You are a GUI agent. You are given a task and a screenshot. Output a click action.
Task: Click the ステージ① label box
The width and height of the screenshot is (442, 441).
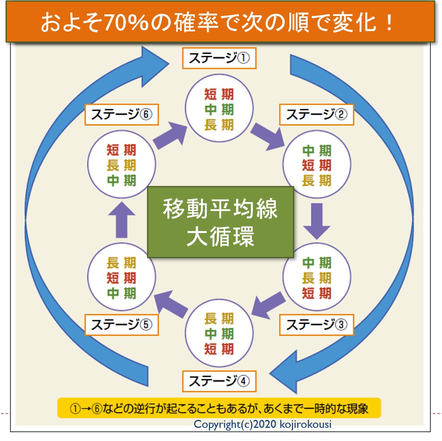219,58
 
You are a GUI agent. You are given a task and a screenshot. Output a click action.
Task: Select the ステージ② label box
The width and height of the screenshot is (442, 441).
316,115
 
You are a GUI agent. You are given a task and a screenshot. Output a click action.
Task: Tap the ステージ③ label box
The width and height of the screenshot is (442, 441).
316,325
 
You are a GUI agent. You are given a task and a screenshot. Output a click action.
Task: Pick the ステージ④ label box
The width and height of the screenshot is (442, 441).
219,381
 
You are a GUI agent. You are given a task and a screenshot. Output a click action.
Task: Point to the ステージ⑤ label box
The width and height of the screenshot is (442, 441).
122,325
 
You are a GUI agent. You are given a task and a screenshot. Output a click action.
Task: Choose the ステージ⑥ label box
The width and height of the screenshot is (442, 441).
122,115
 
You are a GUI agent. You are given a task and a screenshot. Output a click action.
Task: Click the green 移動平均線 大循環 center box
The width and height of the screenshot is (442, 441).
220,222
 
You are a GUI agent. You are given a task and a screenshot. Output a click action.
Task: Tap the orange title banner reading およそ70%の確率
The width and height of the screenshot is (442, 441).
220,22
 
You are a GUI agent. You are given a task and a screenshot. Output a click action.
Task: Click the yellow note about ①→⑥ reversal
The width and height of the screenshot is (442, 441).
219,408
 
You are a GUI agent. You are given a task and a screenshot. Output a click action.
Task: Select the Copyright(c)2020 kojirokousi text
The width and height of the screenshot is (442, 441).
262,424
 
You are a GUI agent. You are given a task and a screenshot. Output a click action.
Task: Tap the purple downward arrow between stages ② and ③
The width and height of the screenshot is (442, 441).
317,220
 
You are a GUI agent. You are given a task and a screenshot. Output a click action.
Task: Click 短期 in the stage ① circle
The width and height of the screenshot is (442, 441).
219,94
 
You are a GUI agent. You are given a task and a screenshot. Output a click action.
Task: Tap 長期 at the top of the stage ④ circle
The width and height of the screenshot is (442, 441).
219,319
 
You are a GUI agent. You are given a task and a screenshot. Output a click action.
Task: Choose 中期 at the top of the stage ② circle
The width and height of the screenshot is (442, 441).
317,151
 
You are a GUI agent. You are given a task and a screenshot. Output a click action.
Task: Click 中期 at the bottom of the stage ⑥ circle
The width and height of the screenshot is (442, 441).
122,180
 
